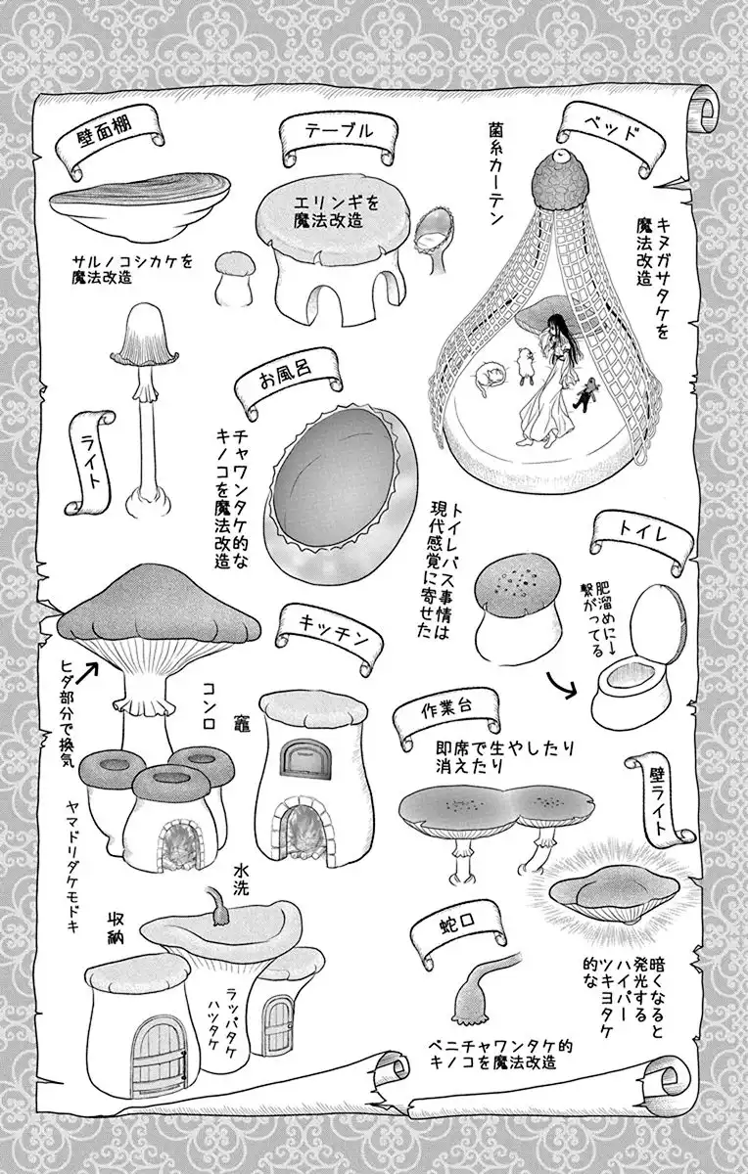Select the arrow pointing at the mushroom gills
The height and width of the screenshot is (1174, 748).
click(87, 673)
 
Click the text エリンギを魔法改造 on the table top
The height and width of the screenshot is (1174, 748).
click(329, 211)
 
